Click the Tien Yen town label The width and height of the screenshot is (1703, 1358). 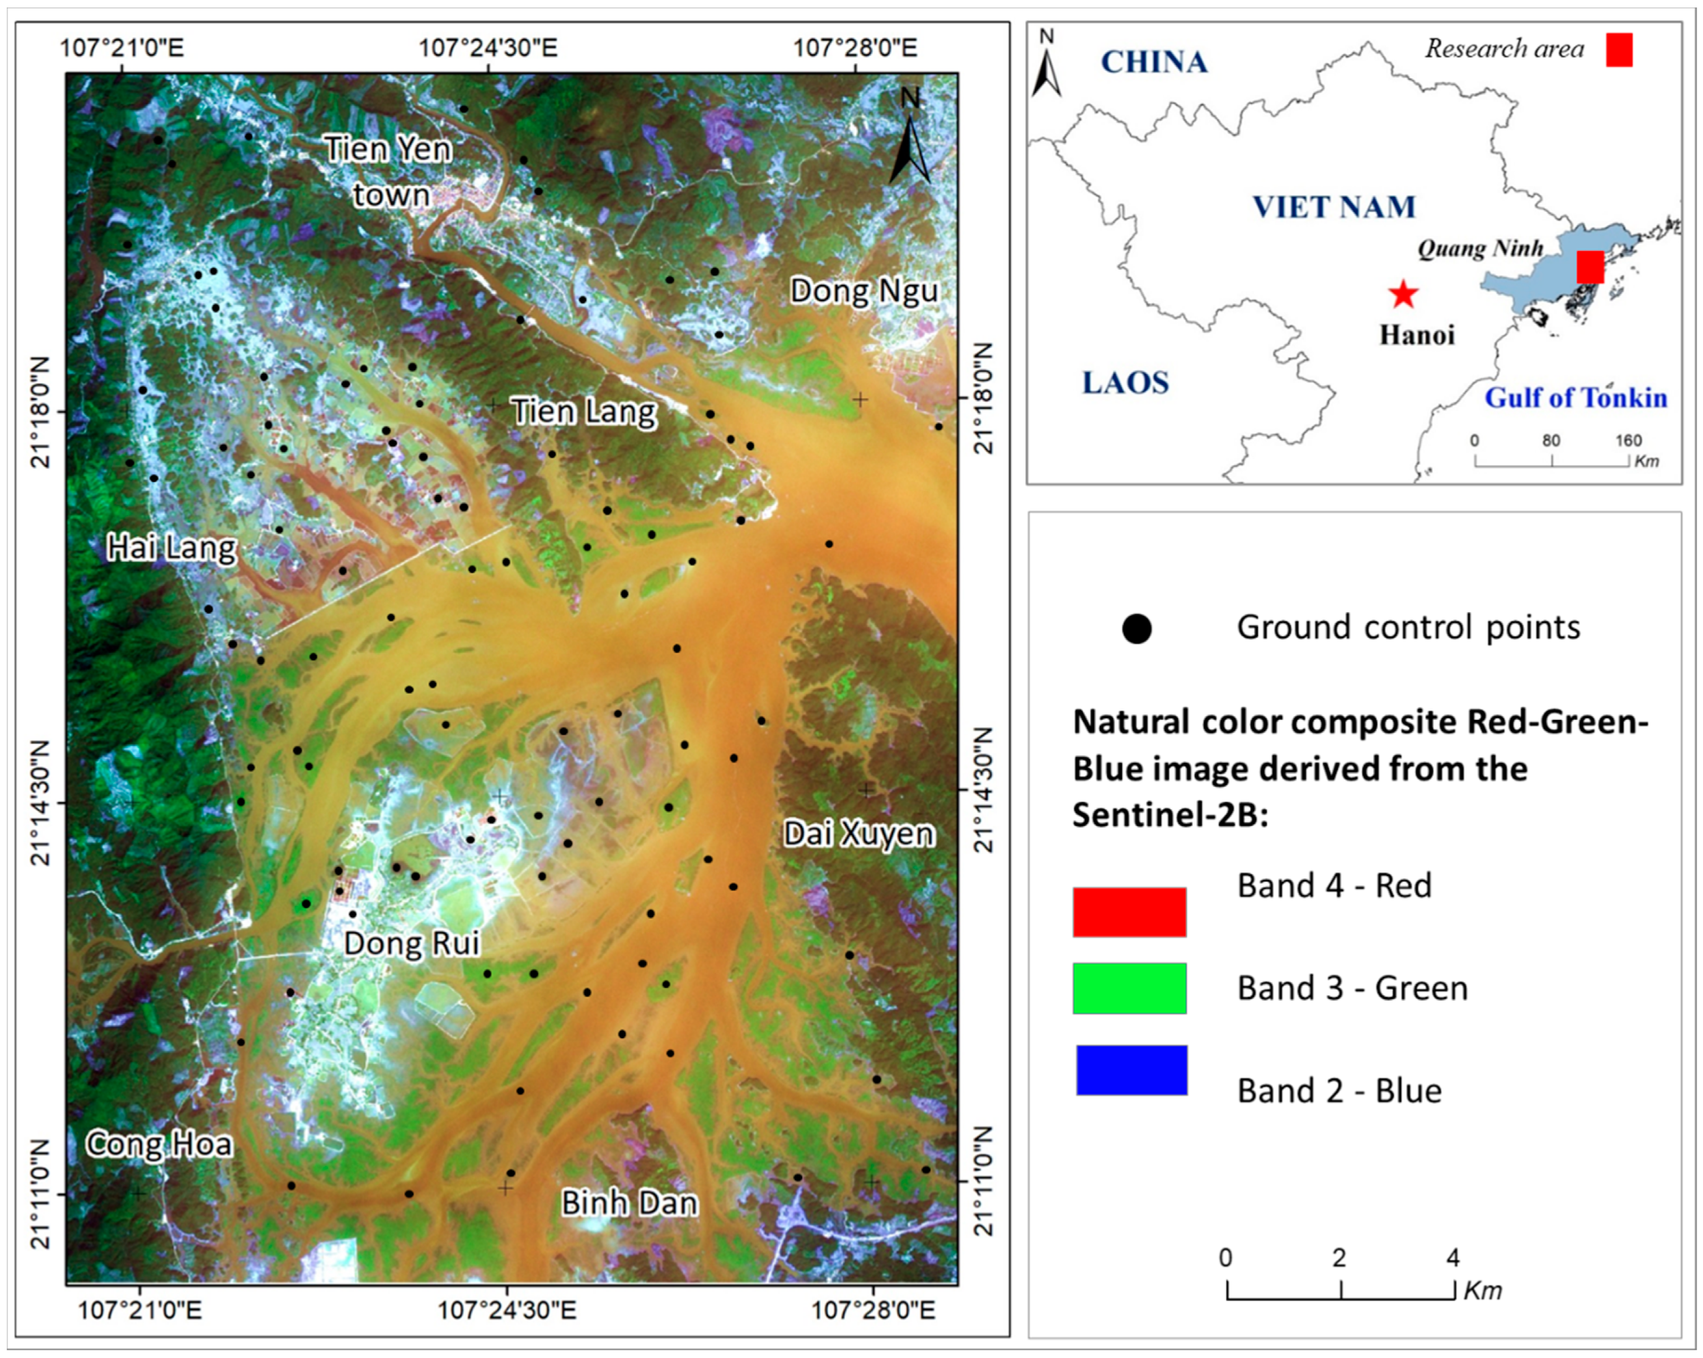click(389, 171)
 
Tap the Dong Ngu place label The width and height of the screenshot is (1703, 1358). click(864, 291)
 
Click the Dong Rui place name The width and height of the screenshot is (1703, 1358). click(412, 943)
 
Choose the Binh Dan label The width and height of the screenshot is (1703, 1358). click(629, 1202)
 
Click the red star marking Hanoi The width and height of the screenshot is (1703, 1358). click(1403, 294)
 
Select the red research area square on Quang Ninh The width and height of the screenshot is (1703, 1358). click(1590, 267)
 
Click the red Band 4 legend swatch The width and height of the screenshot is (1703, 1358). click(1129, 912)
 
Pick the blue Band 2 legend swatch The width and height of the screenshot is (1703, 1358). click(1131, 1070)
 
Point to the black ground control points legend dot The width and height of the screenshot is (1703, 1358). click(1136, 629)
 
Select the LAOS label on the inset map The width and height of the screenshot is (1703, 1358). click(1125, 383)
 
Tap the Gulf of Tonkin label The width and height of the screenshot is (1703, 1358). click(1576, 397)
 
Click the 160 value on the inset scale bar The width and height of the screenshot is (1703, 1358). click(1628, 441)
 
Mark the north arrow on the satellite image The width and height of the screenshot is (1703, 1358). click(910, 142)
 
